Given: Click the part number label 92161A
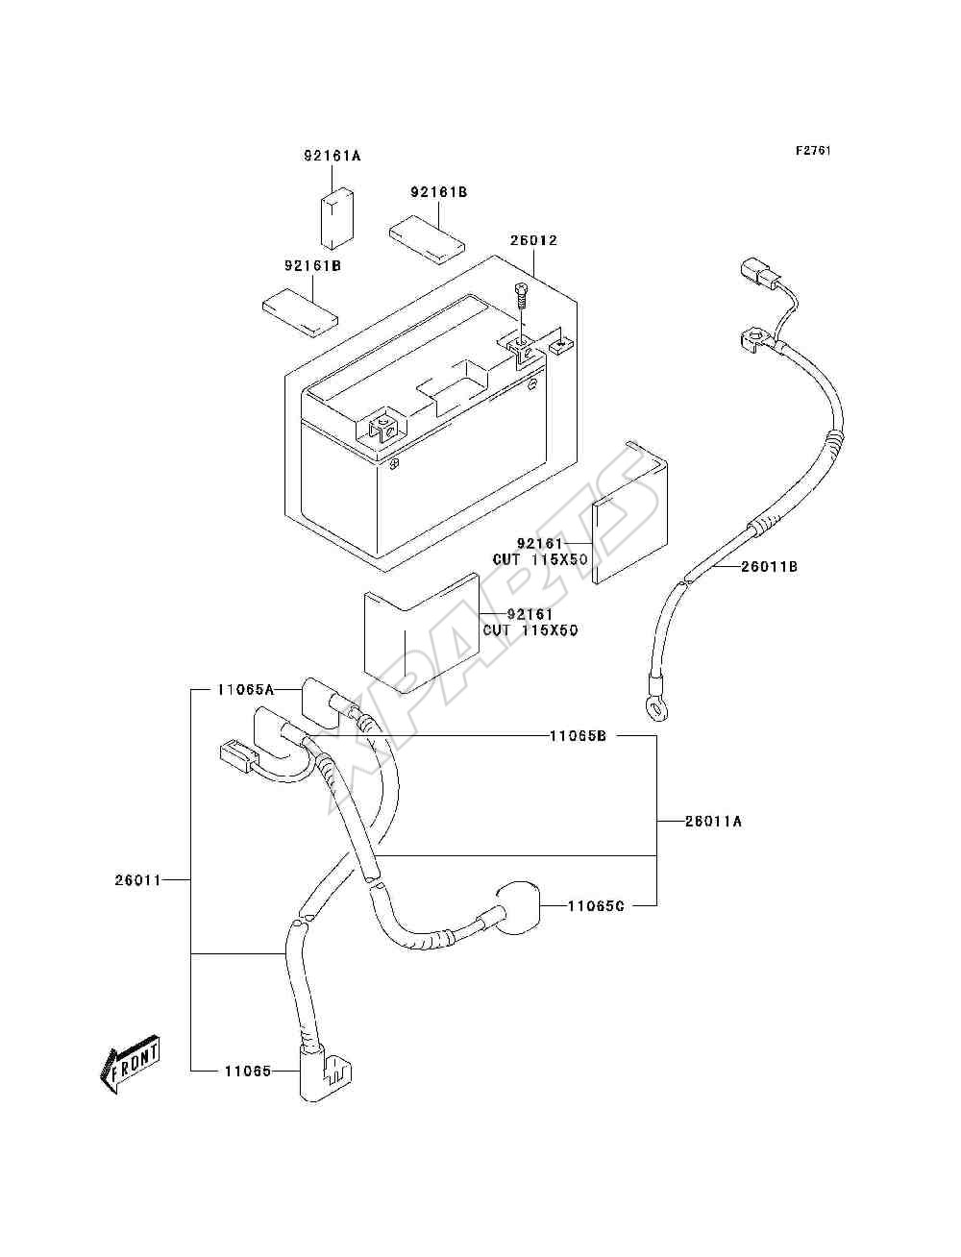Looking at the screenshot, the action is coord(333,156).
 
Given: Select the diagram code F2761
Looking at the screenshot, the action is coord(813,151).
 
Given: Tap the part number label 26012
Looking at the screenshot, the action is coord(533,240).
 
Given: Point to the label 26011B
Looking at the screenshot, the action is coord(769,567).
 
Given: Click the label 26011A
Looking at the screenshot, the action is coord(714,822).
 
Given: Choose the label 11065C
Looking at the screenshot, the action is coord(596,906).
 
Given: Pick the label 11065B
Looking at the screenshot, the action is coord(578,736).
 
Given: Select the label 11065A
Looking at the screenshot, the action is coord(246,690).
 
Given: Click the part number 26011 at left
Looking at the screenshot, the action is coord(138,879).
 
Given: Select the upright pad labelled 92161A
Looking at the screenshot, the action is coord(335,219).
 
